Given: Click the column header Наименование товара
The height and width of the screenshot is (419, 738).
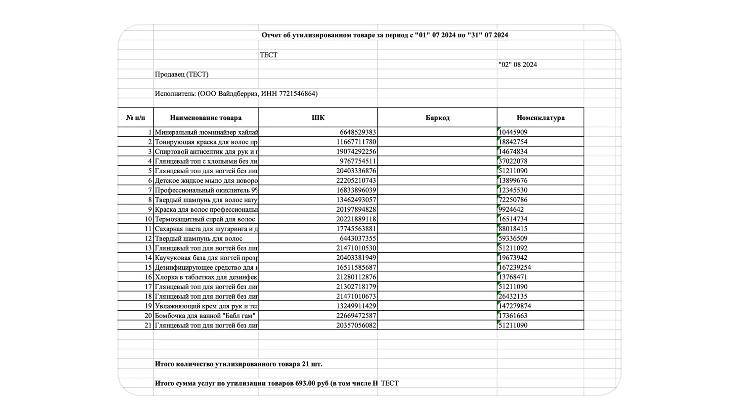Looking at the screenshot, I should (206, 118).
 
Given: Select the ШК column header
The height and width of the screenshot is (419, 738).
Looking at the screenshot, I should (318, 118).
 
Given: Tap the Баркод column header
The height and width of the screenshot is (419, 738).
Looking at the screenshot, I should (437, 118).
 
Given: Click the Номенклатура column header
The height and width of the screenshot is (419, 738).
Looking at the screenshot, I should (540, 118).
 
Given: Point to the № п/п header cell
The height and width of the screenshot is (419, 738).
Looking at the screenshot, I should (135, 118).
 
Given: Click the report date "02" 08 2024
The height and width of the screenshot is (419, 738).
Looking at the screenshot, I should (518, 65).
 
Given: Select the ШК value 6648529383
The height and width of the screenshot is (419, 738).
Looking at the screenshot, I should (358, 132).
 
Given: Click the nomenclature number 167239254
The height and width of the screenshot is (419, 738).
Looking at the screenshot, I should (515, 268).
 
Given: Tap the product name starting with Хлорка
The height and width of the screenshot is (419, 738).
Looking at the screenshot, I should (206, 277).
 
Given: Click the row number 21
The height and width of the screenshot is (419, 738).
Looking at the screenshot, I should (148, 326).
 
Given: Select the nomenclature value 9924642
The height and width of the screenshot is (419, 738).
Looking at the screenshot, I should (511, 209).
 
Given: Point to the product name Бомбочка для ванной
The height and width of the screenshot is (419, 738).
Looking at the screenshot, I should (205, 316).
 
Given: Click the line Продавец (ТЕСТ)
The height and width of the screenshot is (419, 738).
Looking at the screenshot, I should (182, 74).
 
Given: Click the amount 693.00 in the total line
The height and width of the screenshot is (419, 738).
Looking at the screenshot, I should (305, 384).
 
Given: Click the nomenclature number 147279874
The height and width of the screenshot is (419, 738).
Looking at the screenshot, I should (515, 306).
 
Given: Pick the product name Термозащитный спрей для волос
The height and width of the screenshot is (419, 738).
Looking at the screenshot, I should (205, 219).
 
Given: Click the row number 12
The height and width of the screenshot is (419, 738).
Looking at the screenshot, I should (148, 239).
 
